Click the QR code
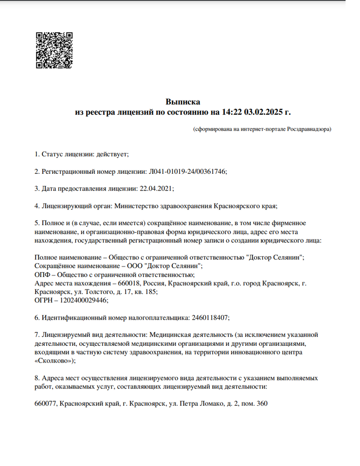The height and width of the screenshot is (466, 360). tap(54, 50)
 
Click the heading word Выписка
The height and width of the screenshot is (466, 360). tap(183, 102)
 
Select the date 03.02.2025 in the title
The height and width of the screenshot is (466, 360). tap(263, 112)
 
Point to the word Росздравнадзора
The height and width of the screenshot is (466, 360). tap(308, 129)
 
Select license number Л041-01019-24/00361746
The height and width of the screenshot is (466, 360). tap(187, 172)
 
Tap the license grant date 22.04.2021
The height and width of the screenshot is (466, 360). tap(157, 189)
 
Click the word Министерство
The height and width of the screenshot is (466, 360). tap(137, 206)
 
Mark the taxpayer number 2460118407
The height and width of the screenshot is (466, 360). tap(210, 317)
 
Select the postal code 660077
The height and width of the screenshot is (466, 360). tap(45, 403)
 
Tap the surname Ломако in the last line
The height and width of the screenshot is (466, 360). tap(211, 403)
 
